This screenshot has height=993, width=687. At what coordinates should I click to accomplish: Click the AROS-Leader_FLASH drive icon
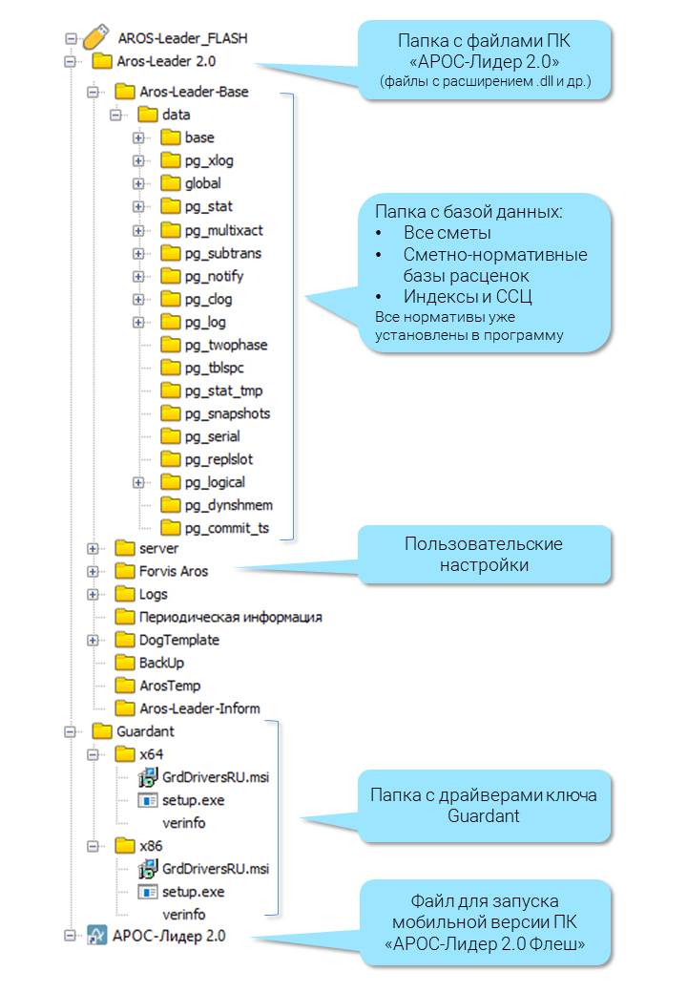click(x=93, y=38)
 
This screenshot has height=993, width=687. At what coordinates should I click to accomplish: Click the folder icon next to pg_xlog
click(x=171, y=160)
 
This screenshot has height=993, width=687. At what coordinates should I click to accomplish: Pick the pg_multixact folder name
click(x=223, y=230)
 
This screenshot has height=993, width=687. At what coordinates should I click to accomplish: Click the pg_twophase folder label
click(x=226, y=345)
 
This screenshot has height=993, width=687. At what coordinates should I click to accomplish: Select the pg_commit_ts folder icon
click(x=171, y=528)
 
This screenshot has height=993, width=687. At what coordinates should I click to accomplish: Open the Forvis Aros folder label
click(x=173, y=571)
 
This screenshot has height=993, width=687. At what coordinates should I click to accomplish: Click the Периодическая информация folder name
click(x=230, y=617)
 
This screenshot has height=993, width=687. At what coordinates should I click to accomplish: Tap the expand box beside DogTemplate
click(x=93, y=640)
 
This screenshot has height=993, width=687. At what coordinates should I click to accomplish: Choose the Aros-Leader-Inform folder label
click(x=199, y=708)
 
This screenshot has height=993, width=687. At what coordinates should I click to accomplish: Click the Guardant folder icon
click(x=102, y=732)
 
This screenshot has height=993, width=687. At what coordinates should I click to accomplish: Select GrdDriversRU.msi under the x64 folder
click(x=216, y=777)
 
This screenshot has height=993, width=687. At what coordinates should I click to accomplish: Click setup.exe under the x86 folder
click(x=193, y=892)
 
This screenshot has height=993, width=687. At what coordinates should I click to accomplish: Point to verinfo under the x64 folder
click(x=183, y=823)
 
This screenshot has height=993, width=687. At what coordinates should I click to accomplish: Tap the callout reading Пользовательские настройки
click(x=483, y=555)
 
